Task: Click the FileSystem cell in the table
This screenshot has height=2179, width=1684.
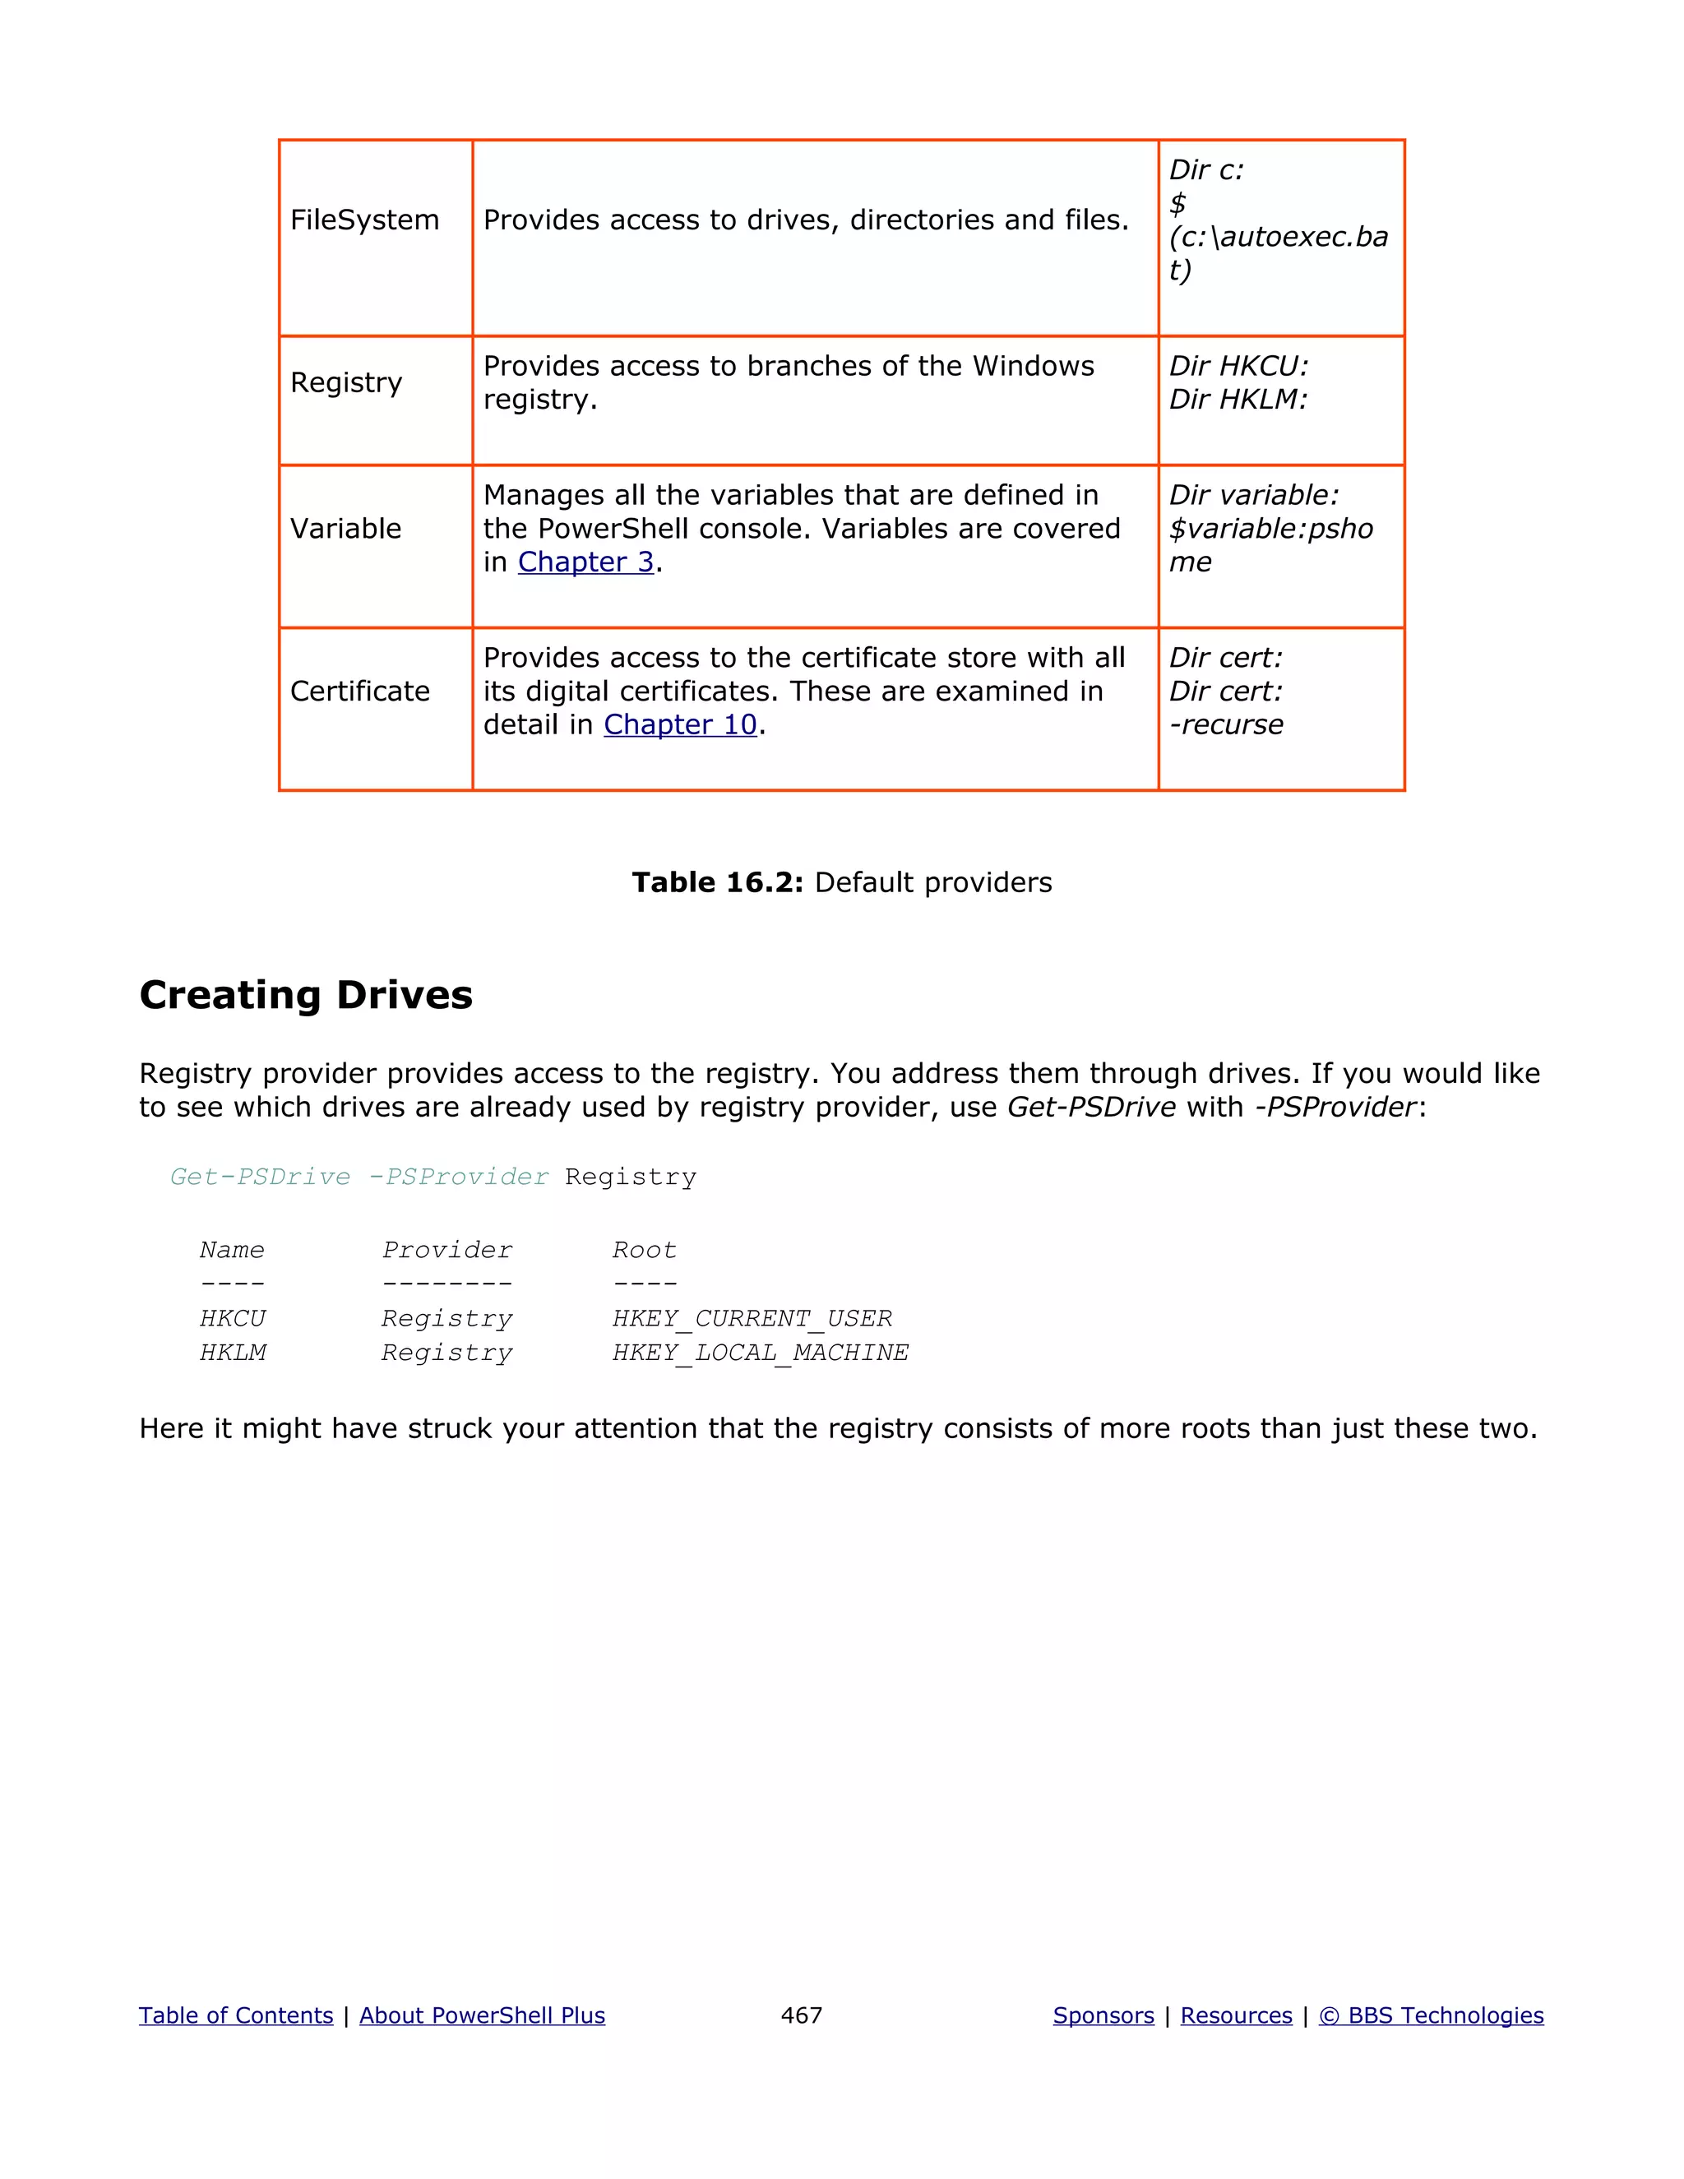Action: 364,220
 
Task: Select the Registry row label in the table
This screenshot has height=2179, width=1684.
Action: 346,383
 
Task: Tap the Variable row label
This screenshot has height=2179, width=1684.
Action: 345,529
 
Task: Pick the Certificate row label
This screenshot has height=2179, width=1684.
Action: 359,692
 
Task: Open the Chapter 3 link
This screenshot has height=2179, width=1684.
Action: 585,562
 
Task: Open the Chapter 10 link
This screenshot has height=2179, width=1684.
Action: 680,725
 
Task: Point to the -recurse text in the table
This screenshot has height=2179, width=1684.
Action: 1226,725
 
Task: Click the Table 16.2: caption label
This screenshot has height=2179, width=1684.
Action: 717,883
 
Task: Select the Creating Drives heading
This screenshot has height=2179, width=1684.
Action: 305,996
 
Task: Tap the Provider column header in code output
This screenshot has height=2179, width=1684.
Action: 447,1250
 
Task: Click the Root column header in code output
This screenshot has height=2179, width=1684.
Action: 645,1250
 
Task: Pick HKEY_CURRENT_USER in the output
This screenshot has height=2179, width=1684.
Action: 752,1319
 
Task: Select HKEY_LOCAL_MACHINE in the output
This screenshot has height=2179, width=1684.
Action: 761,1353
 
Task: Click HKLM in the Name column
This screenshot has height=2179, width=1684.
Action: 233,1353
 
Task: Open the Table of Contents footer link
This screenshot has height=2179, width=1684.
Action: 235,2015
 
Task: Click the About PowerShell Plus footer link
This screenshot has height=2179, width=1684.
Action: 482,2015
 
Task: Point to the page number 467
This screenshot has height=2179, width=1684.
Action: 801,2015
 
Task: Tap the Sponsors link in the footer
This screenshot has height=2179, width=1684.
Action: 1103,2015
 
